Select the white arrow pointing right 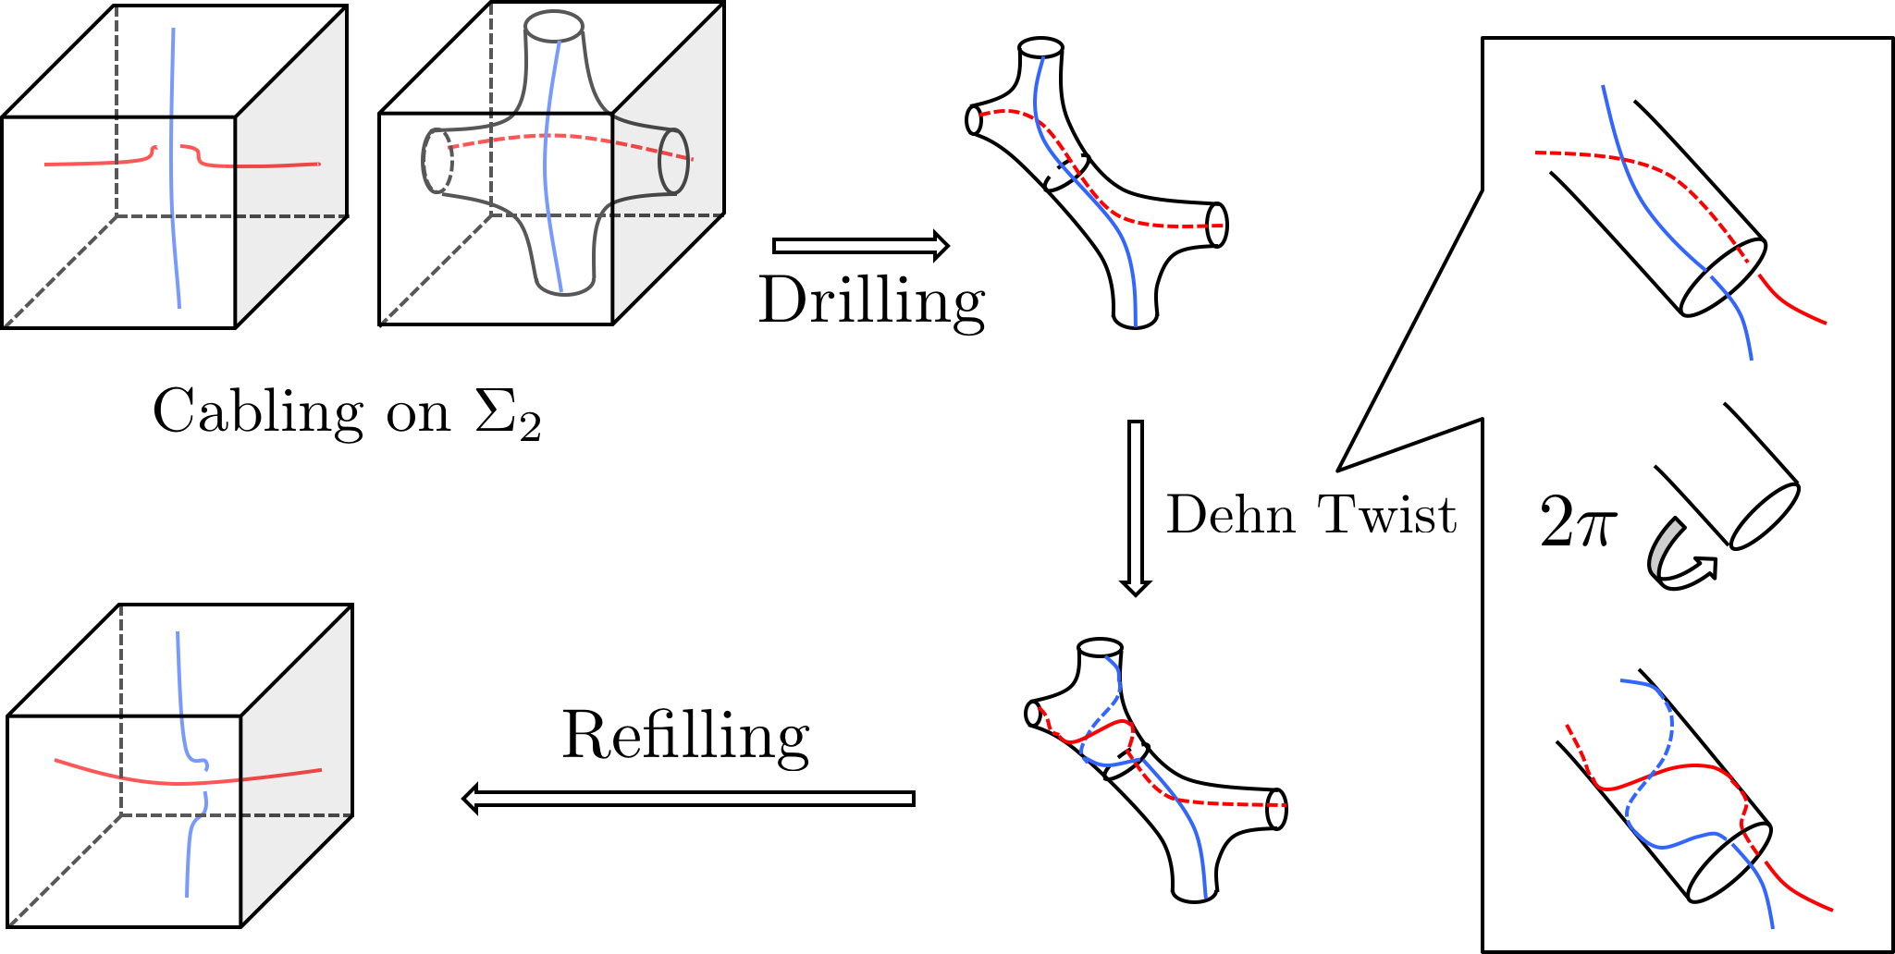pos(859,246)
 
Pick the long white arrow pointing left pos(689,799)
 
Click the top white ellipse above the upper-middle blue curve pos(1040,47)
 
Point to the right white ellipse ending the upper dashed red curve pos(1217,226)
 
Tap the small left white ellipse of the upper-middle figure pos(974,120)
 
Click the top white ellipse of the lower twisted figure pos(1100,648)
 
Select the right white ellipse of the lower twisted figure pos(1276,809)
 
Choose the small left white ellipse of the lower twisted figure pos(1033,714)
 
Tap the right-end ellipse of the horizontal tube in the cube pos(673,161)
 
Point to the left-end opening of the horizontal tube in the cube pos(437,161)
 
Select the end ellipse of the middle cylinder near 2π pos(1764,516)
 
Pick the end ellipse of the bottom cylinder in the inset pos(1729,862)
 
